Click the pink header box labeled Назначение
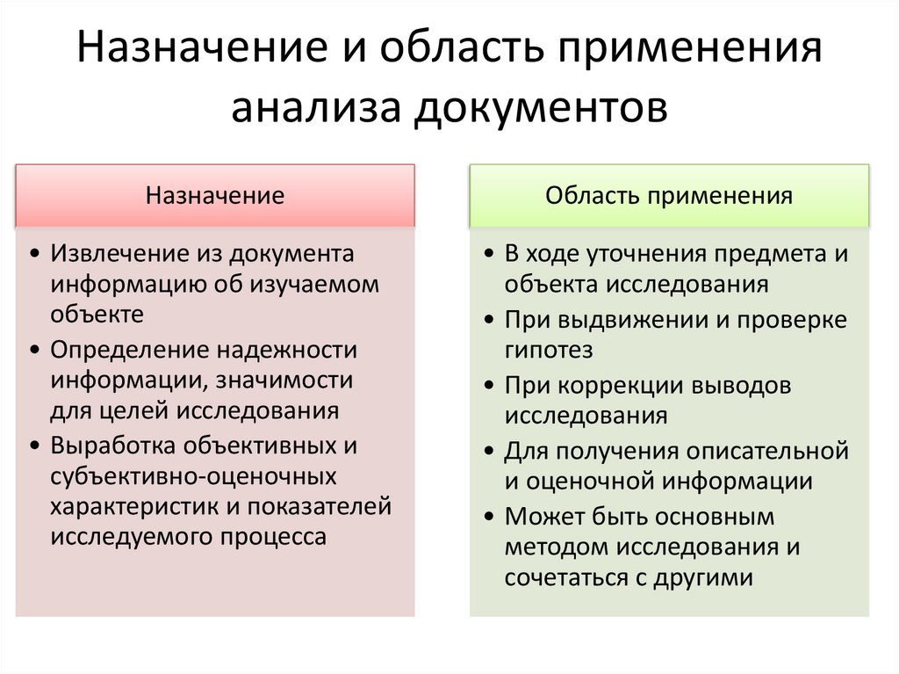click(215, 195)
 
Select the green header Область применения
click(669, 195)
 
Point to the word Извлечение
click(110, 253)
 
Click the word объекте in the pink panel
click(97, 313)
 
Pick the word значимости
click(289, 380)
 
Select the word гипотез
click(549, 350)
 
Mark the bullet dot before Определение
click(33, 351)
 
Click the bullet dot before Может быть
click(488, 517)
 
